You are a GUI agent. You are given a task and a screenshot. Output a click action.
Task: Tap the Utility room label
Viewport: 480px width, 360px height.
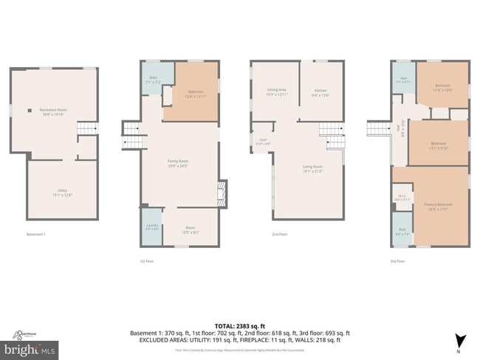62,192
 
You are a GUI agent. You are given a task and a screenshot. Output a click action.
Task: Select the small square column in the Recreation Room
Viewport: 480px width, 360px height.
30,110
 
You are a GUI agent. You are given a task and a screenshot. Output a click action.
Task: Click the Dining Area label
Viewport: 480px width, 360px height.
277,91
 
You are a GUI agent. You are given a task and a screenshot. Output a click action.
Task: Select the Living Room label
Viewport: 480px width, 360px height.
312,169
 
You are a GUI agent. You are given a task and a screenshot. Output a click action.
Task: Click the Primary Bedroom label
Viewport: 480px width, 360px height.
439,206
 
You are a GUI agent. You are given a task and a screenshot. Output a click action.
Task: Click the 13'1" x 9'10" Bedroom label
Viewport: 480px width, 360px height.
439,145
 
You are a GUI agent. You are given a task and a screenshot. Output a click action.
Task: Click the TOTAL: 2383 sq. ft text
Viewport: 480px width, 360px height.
240,325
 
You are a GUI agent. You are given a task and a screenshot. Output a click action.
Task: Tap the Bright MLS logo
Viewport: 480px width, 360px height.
30,346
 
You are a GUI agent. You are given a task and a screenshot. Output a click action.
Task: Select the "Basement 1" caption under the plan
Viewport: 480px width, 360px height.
37,235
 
